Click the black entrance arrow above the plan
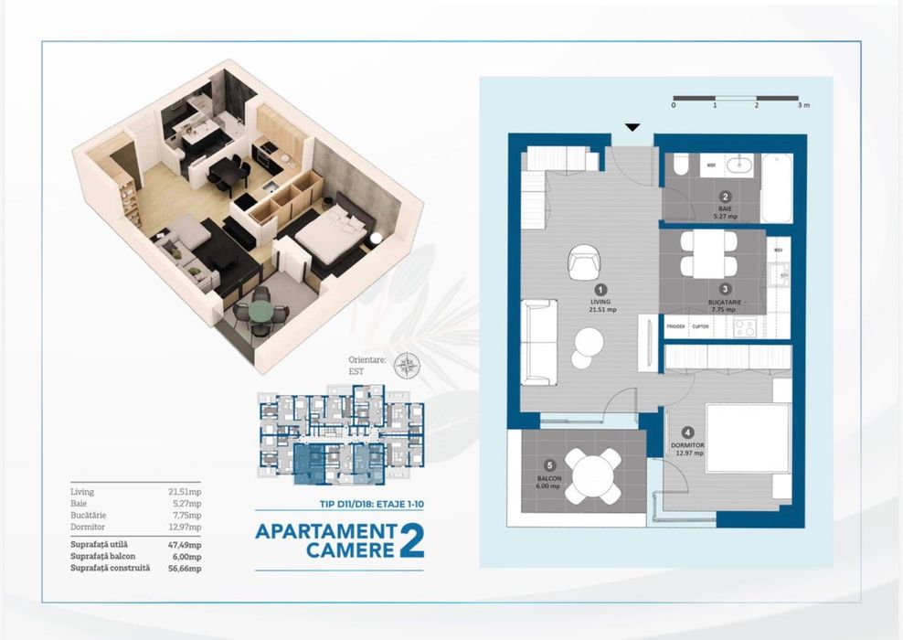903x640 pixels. coord(632,128)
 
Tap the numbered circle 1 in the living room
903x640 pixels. coord(600,290)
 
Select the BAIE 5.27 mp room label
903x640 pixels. coord(725,211)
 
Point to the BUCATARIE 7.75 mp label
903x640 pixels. coord(725,304)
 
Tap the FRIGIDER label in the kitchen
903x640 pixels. coord(675,325)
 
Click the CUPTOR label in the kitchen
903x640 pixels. coord(700,325)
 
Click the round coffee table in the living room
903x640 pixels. coord(590,345)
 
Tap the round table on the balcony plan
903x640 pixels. coord(594,475)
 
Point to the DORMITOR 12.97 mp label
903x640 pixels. coord(687,449)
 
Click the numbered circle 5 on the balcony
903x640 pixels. coord(548,464)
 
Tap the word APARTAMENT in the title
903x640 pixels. coord(324,531)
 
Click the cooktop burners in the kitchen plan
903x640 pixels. coord(744,326)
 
